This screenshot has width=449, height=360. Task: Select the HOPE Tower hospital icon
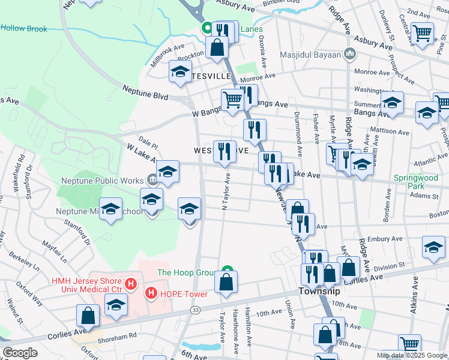(152, 293)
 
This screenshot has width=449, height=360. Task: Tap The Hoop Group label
(185, 272)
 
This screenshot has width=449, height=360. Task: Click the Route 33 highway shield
(195, 310)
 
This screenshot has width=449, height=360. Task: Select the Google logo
(20, 353)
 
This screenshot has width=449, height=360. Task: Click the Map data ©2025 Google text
(412, 355)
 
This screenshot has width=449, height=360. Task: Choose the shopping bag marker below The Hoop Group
(226, 282)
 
